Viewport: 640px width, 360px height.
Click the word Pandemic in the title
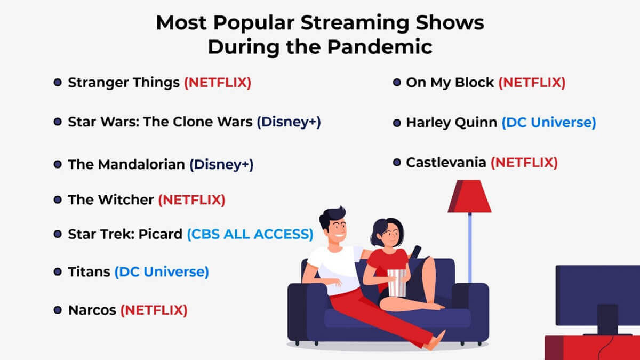(380, 47)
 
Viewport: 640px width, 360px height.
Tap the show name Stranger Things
(124, 83)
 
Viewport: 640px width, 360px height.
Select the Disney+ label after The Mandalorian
(221, 165)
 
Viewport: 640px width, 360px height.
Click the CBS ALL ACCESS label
(250, 234)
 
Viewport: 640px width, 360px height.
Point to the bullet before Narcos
(58, 310)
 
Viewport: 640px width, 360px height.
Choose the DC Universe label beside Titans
(162, 271)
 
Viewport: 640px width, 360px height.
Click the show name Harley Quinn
(452, 123)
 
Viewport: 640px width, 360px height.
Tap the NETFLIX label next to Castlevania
(524, 163)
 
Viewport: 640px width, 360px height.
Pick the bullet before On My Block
(397, 83)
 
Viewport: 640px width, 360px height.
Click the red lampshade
(470, 197)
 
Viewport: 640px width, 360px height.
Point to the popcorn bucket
(397, 283)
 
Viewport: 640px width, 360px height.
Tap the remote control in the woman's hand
(415, 252)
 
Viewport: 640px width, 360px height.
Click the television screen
(598, 295)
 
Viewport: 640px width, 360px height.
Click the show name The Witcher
(111, 200)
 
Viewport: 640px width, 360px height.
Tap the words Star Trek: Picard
(125, 234)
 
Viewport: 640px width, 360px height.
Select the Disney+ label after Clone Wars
(289, 122)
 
